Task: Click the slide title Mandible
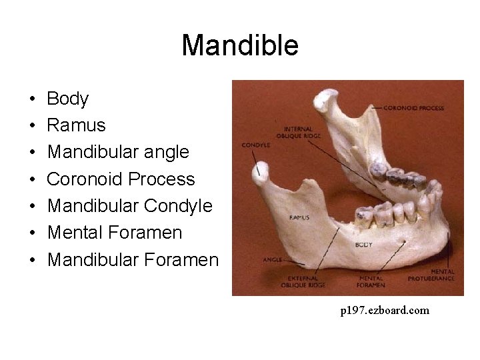point(240,46)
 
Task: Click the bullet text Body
point(67,99)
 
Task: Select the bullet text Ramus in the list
point(76,125)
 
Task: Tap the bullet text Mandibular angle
point(118,152)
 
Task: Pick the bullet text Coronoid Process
point(121,179)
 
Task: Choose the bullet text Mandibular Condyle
point(129,206)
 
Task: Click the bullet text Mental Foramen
point(115,233)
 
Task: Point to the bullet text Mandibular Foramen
point(133,259)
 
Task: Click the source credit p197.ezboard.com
point(385,310)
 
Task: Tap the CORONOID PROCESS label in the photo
point(413,108)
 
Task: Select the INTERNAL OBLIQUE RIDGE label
point(302,133)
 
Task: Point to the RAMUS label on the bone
point(299,217)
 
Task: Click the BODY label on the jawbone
point(363,245)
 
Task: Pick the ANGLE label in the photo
point(273,259)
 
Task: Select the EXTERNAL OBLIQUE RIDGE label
point(303,281)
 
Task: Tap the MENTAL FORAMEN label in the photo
point(371,281)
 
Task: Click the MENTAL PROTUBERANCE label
point(442,275)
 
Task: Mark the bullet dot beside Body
point(33,100)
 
